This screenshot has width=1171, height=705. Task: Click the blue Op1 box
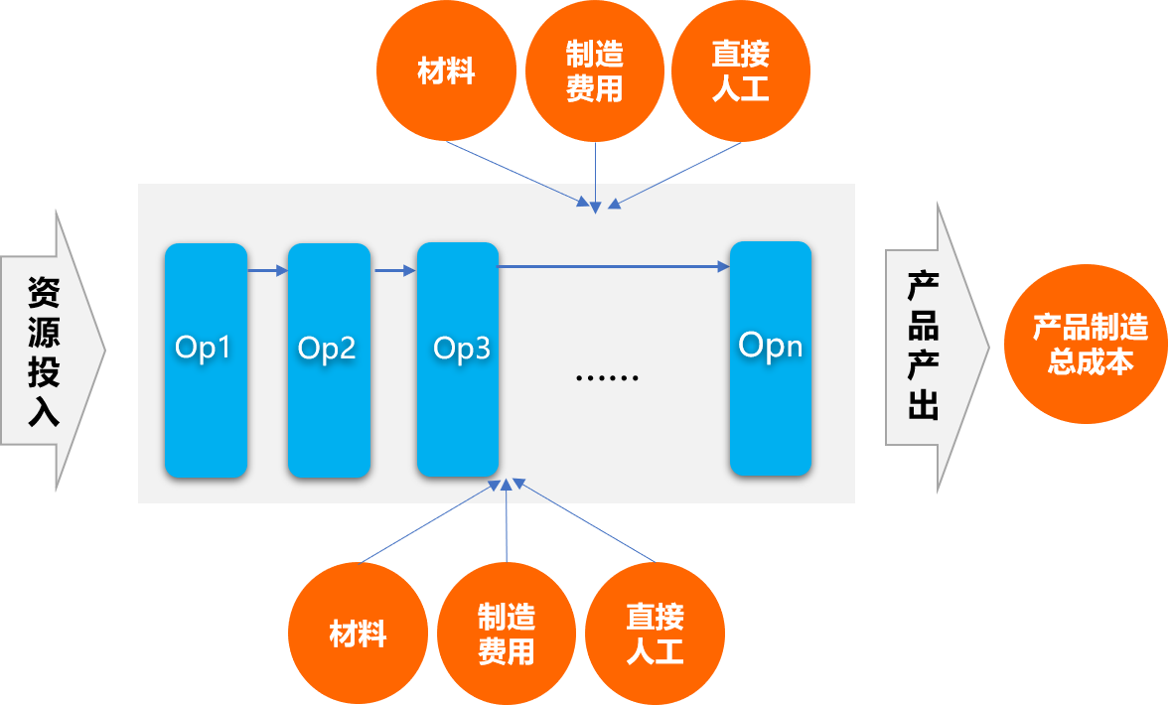[206, 359]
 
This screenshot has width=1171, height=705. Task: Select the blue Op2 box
[328, 359]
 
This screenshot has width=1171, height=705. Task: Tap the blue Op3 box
[457, 359]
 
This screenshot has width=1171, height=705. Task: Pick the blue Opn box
[771, 359]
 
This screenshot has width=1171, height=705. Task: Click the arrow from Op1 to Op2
[267, 268]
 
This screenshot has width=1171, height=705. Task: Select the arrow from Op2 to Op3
[394, 268]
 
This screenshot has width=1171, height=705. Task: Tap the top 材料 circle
[446, 72]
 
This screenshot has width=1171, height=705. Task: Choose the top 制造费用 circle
[594, 72]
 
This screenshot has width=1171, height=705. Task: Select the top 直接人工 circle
[741, 72]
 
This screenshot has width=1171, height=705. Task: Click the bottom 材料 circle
[358, 634]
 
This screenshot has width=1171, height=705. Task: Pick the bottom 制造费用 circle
[506, 634]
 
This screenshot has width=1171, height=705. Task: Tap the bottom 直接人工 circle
[655, 634]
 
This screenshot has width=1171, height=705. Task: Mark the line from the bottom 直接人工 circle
[586, 522]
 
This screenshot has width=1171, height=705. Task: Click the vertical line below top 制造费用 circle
[595, 174]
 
